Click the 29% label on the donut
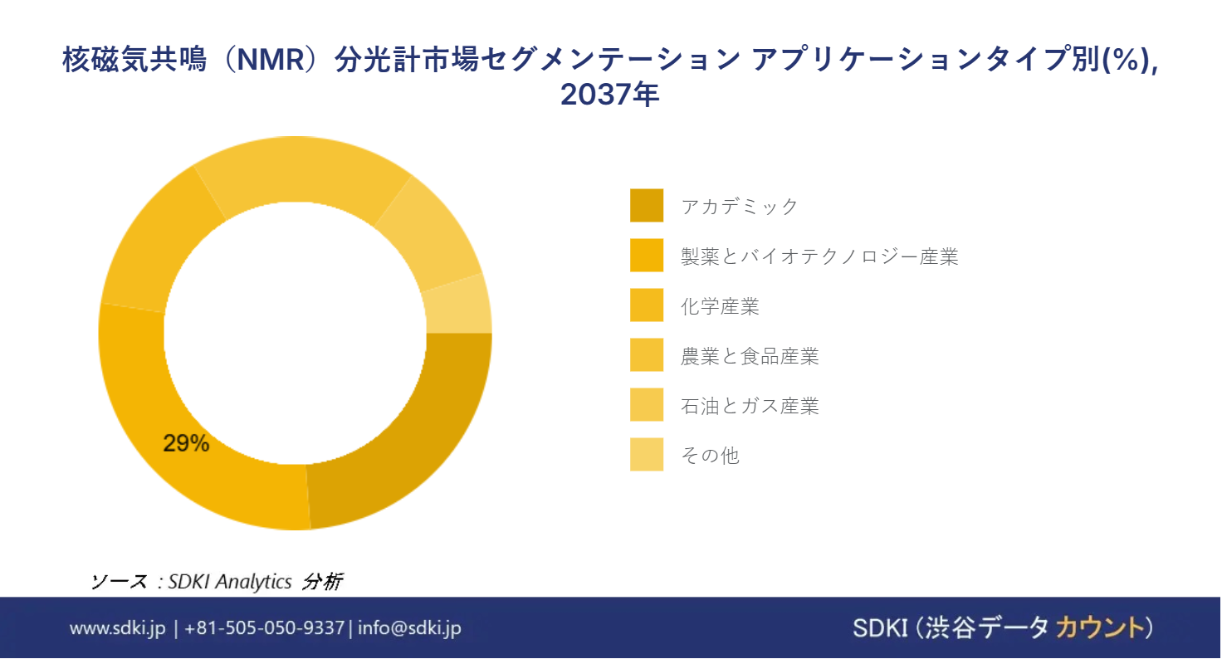tap(186, 443)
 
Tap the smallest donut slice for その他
tap(458, 306)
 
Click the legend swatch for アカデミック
tap(647, 206)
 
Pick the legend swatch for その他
tap(647, 455)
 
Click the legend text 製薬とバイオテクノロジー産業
tap(819, 256)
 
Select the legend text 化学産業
tap(720, 306)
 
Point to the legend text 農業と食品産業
tap(750, 356)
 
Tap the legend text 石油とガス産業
tap(750, 405)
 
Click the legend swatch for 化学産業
tap(647, 305)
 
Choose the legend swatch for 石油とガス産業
tap(647, 404)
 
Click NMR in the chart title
tap(270, 59)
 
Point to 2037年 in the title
tap(610, 94)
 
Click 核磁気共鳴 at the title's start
tap(134, 59)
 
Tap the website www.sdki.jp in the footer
tap(117, 628)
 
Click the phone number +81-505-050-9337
tap(265, 628)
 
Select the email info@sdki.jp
tap(410, 628)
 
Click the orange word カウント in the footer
tap(1100, 627)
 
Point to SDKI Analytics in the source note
tap(230, 582)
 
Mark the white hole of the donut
tap(296, 334)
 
